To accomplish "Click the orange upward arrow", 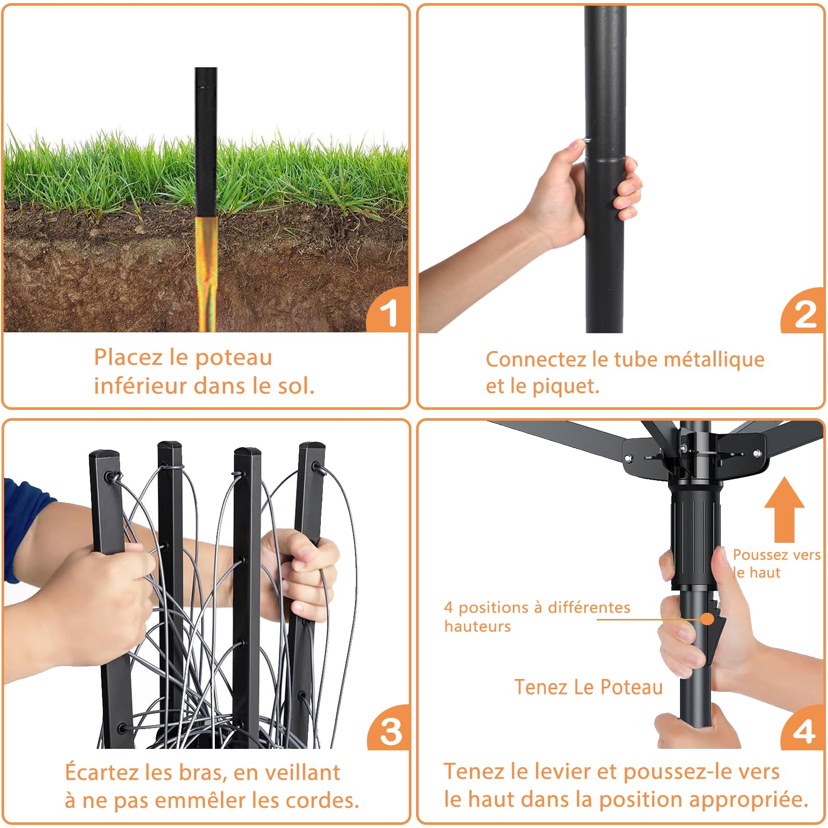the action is coord(784,509).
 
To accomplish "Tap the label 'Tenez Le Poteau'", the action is coord(588,687).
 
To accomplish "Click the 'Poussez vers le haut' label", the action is coord(776,564).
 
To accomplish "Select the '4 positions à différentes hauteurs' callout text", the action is coord(537,616).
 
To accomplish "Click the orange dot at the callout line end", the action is coord(707,618).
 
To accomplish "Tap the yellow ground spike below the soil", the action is coord(206,274).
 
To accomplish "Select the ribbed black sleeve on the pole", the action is coord(695,534).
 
